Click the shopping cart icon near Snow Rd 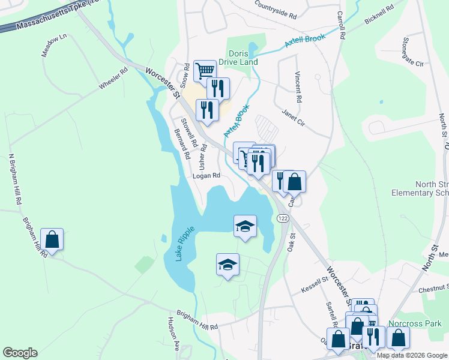tap(205, 71)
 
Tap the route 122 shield tap(282, 218)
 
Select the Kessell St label tap(313, 282)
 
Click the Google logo tap(20, 352)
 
